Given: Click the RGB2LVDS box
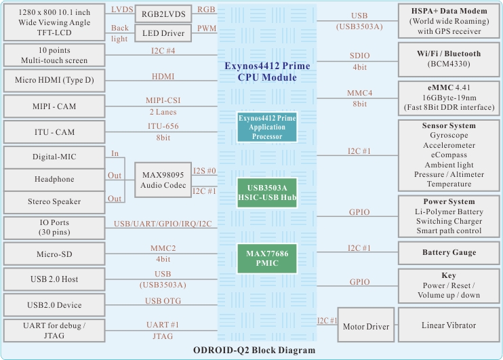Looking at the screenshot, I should click(163, 14).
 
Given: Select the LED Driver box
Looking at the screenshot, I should click(163, 33).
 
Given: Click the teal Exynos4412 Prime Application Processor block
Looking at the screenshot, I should click(267, 127).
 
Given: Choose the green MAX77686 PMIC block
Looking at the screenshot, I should click(267, 258).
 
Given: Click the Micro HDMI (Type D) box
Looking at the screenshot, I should click(54, 81).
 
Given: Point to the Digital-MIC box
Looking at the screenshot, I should click(54, 157).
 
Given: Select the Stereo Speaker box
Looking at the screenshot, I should click(54, 201).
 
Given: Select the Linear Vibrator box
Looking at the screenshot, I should click(448, 326).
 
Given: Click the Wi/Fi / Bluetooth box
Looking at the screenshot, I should click(448, 59).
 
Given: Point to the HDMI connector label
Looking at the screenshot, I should click(163, 77).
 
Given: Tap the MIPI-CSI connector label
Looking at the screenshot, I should click(163, 101).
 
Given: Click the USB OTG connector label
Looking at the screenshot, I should click(163, 301).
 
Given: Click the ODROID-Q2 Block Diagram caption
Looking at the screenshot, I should click(254, 351).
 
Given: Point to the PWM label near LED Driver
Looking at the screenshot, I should click(206, 29).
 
